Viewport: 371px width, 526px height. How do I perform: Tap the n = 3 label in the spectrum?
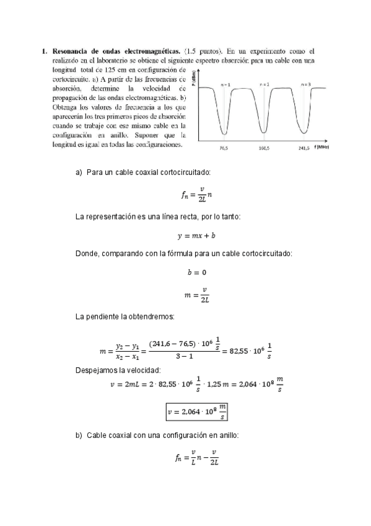click(x=305, y=84)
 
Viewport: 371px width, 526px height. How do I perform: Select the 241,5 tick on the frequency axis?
click(x=304, y=149)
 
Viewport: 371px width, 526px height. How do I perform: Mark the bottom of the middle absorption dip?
click(x=264, y=132)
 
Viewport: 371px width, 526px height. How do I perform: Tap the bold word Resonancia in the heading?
click(x=72, y=51)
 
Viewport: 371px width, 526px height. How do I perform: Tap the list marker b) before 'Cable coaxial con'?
click(x=78, y=436)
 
